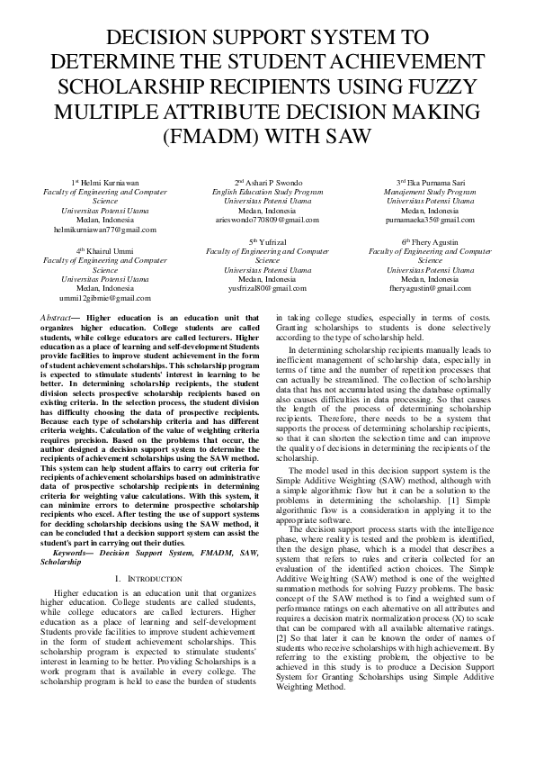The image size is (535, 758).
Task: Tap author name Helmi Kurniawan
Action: point(105,183)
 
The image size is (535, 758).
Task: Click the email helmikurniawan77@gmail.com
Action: point(105,230)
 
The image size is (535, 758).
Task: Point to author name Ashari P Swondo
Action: point(267,183)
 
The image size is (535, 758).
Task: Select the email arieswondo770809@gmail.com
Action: point(267,220)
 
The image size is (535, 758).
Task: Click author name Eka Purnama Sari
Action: point(430,183)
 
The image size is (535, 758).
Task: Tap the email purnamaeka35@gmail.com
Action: point(430,220)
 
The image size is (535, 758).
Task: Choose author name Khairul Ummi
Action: point(105,251)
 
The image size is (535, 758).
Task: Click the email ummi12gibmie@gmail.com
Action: point(105,298)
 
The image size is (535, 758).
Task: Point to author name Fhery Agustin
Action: point(430,243)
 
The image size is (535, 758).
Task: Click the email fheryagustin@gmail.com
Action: point(430,289)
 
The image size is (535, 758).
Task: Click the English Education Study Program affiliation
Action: point(267,192)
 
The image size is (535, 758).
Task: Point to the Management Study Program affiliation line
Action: point(430,192)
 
